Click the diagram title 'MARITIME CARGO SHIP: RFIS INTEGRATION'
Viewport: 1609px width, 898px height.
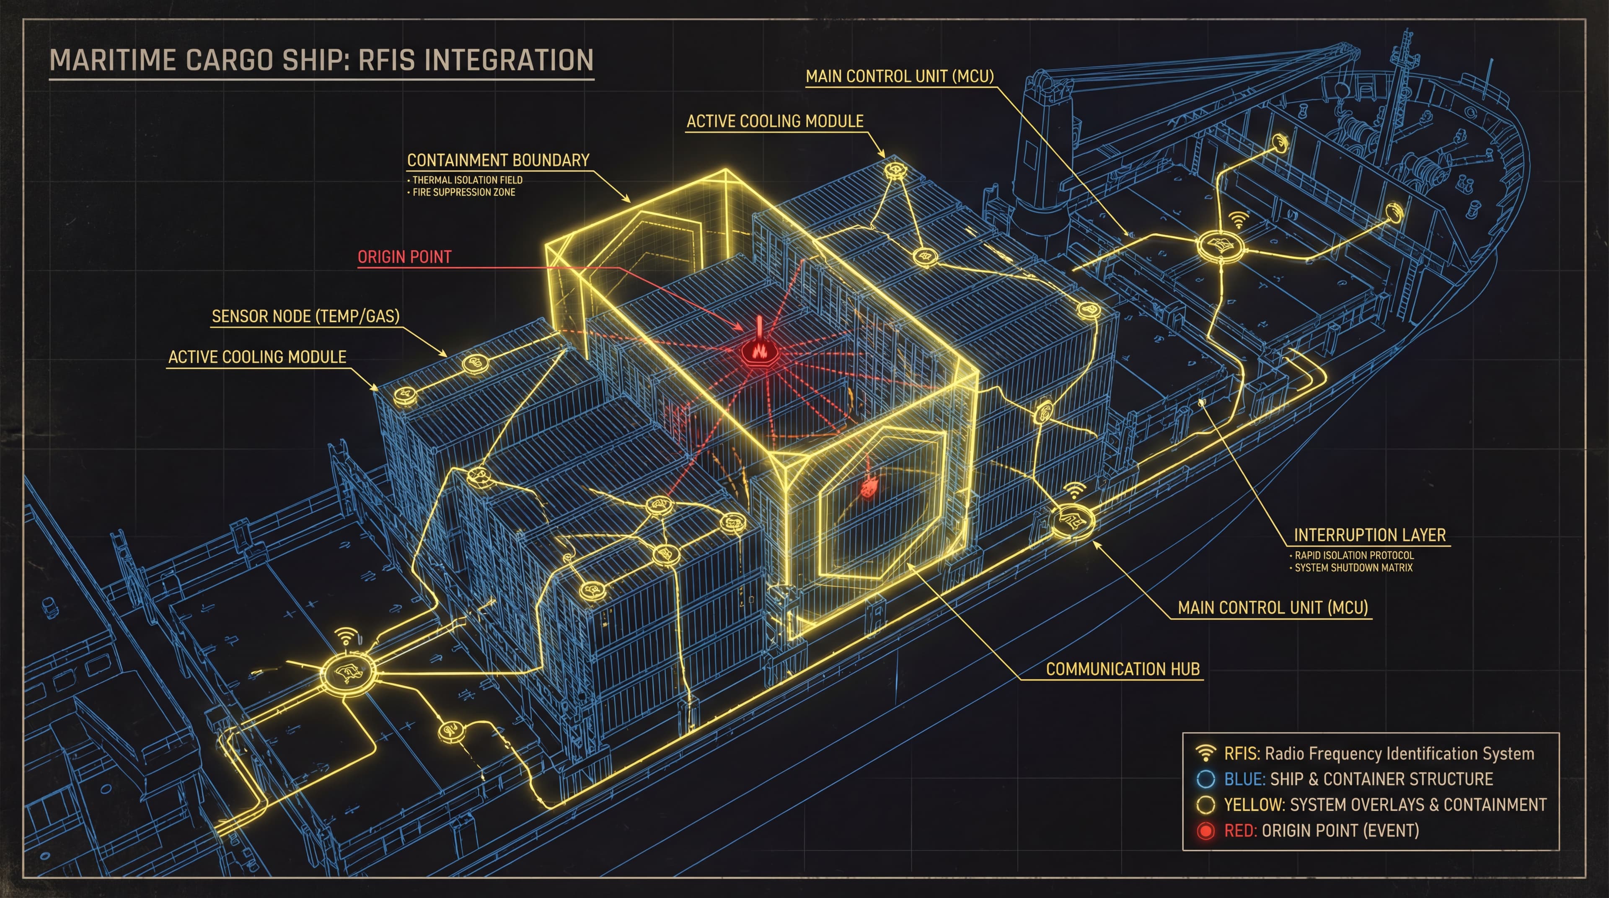[x=321, y=61]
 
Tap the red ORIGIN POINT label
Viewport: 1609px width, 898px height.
[x=404, y=256]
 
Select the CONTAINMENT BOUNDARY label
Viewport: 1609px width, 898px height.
[x=498, y=160]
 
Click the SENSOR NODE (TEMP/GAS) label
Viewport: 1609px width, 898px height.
[x=305, y=317]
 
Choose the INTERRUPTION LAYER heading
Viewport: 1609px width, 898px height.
[x=1369, y=535]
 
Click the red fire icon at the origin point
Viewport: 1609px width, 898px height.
[x=759, y=350]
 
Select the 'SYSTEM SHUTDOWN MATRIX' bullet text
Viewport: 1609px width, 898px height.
[x=1353, y=568]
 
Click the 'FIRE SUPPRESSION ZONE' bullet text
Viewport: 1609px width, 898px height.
[x=463, y=192]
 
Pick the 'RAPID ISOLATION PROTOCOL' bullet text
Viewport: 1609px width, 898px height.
[x=1353, y=555]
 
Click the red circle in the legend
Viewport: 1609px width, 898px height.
[x=1205, y=831]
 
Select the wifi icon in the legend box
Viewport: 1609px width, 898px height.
[x=1205, y=753]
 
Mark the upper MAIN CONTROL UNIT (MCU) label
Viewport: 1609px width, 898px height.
[x=900, y=76]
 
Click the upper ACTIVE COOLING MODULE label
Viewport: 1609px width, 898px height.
[x=774, y=121]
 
